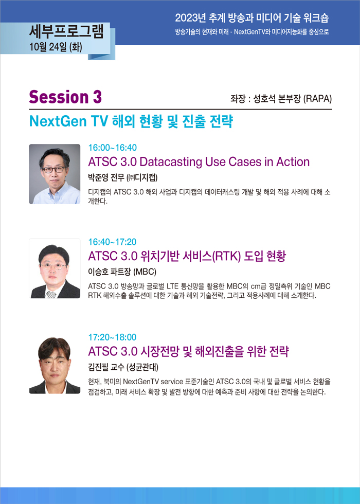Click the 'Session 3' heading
pyautogui.click(x=65, y=97)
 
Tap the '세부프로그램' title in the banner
pyautogui.click(x=66, y=32)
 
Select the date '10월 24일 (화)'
pyautogui.click(x=56, y=47)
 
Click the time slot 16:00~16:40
pyautogui.click(x=113, y=148)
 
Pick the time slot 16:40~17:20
pyautogui.click(x=112, y=242)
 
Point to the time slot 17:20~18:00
pyautogui.click(x=112, y=337)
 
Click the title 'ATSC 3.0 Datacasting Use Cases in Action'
pyautogui.click(x=199, y=161)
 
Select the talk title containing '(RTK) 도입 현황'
pyautogui.click(x=187, y=256)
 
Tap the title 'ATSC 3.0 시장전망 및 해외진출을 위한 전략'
pyautogui.click(x=188, y=351)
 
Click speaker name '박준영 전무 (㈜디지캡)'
pyautogui.click(x=123, y=177)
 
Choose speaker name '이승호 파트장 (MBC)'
pyautogui.click(x=122, y=272)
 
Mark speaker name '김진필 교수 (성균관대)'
pyautogui.click(x=123, y=367)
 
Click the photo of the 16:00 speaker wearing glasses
pyautogui.click(x=55, y=174)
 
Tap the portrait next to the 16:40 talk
pyautogui.click(x=55, y=268)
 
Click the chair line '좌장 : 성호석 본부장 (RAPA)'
pyautogui.click(x=281, y=99)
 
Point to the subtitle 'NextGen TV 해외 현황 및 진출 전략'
pyautogui.click(x=131, y=121)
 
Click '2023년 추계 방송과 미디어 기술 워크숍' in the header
pyautogui.click(x=252, y=18)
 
